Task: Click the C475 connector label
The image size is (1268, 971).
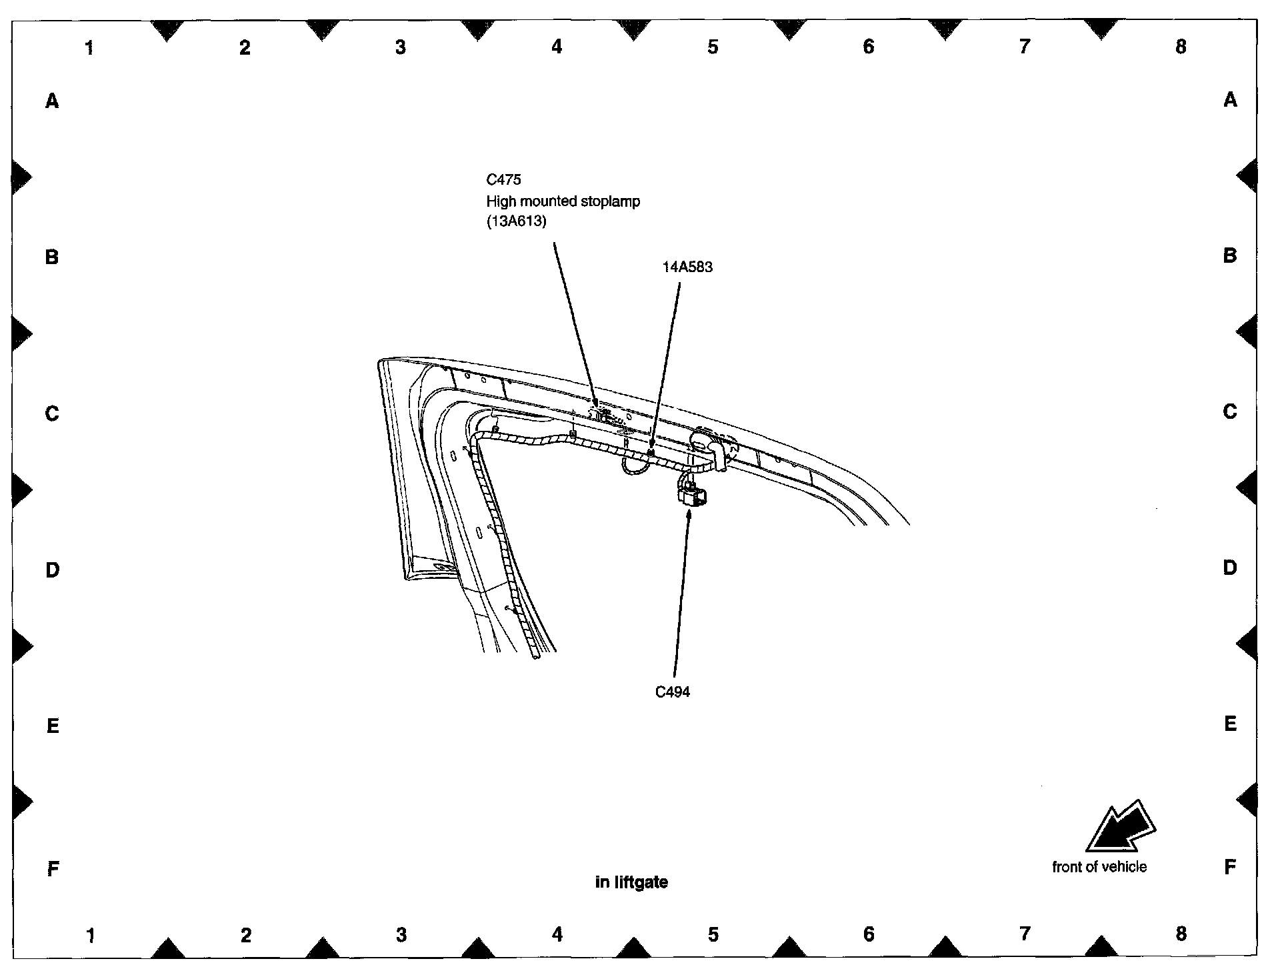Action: [x=503, y=179]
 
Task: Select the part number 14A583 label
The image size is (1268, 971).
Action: [x=687, y=267]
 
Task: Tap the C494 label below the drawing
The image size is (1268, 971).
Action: [x=673, y=692]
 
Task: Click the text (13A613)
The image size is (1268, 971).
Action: [x=516, y=222]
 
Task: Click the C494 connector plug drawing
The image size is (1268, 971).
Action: [x=692, y=496]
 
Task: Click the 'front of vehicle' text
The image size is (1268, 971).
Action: [x=1099, y=867]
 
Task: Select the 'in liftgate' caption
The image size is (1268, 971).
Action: [x=631, y=882]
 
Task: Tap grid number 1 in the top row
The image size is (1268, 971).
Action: [x=89, y=47]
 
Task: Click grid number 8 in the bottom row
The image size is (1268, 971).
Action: [x=1181, y=934]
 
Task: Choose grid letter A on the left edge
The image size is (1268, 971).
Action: [x=52, y=101]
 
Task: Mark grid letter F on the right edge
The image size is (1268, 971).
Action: [x=1230, y=867]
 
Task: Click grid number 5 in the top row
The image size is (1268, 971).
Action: [x=713, y=47]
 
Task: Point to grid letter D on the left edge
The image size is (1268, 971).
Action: [x=52, y=570]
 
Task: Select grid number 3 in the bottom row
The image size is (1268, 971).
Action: [x=401, y=935]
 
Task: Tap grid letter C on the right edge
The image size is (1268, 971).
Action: [x=1230, y=412]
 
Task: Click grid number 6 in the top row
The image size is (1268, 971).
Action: [x=868, y=47]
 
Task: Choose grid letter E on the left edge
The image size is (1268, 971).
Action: [x=53, y=726]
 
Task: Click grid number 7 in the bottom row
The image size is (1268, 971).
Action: [x=1025, y=934]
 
